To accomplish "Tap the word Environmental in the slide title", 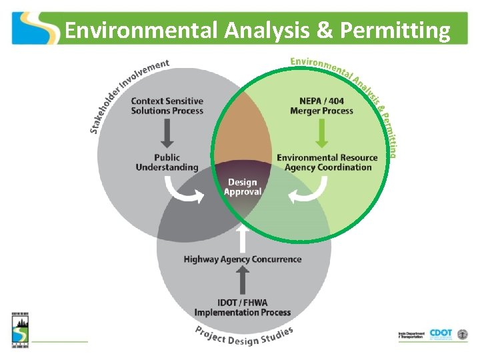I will click(x=141, y=31).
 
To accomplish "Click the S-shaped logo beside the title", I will click(x=35, y=28).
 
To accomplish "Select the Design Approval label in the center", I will click(x=242, y=187).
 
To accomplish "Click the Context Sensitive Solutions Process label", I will click(x=167, y=106).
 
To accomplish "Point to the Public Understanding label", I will click(x=167, y=163).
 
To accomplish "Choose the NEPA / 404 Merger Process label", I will click(x=321, y=106).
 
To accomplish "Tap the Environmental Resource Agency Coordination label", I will click(x=327, y=163).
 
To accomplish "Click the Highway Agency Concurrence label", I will click(x=243, y=259).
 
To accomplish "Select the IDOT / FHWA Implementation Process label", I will click(x=243, y=307).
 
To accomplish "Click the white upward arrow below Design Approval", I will click(x=243, y=236).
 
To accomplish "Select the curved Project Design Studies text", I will click(x=244, y=337).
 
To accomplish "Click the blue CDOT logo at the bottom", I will click(x=441, y=334).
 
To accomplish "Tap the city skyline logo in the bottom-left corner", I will click(x=19, y=329).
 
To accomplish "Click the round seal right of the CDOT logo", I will click(x=462, y=334).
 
